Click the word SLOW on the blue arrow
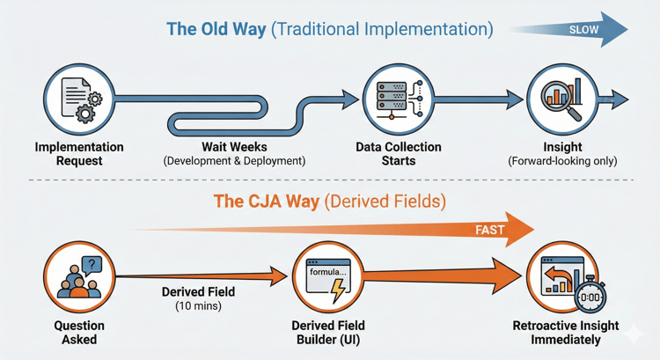pyautogui.click(x=584, y=29)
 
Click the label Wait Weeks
pyautogui.click(x=233, y=147)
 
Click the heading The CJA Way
pyautogui.click(x=266, y=202)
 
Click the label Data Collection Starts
pyautogui.click(x=399, y=154)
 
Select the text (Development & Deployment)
pyautogui.click(x=233, y=161)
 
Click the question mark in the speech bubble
pyautogui.click(x=92, y=263)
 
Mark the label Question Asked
pyautogui.click(x=80, y=332)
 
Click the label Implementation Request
pyautogui.click(x=80, y=154)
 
